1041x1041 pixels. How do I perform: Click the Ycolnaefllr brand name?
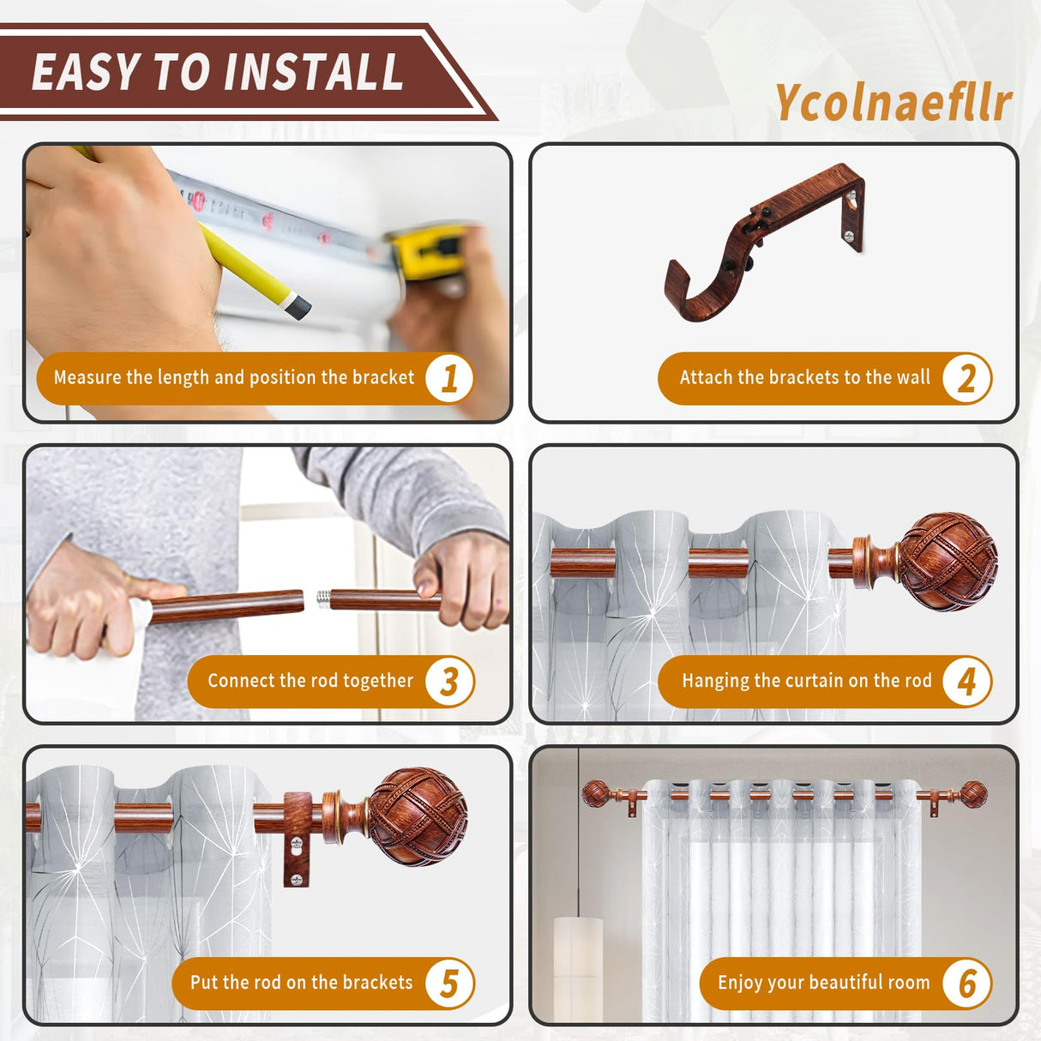pyautogui.click(x=894, y=103)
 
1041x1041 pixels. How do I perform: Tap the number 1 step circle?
pyautogui.click(x=449, y=378)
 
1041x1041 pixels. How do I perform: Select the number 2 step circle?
pyautogui.click(x=966, y=378)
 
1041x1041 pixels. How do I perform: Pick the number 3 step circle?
pyautogui.click(x=449, y=682)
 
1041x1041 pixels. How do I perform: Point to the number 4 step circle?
pyautogui.click(x=966, y=682)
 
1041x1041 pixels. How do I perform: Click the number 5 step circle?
pyautogui.click(x=449, y=984)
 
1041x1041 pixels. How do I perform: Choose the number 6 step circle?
pyautogui.click(x=966, y=984)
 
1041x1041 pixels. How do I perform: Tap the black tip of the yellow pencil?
pyautogui.click(x=297, y=307)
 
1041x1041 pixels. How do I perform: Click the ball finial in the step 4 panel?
pyautogui.click(x=946, y=561)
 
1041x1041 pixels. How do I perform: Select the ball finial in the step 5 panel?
pyautogui.click(x=418, y=815)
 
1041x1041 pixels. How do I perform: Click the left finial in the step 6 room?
pyautogui.click(x=596, y=793)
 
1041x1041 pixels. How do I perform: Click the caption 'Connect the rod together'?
pyautogui.click(x=310, y=682)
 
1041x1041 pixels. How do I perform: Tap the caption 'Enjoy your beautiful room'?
pyautogui.click(x=823, y=984)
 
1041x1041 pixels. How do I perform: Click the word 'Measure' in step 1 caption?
pyautogui.click(x=87, y=378)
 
